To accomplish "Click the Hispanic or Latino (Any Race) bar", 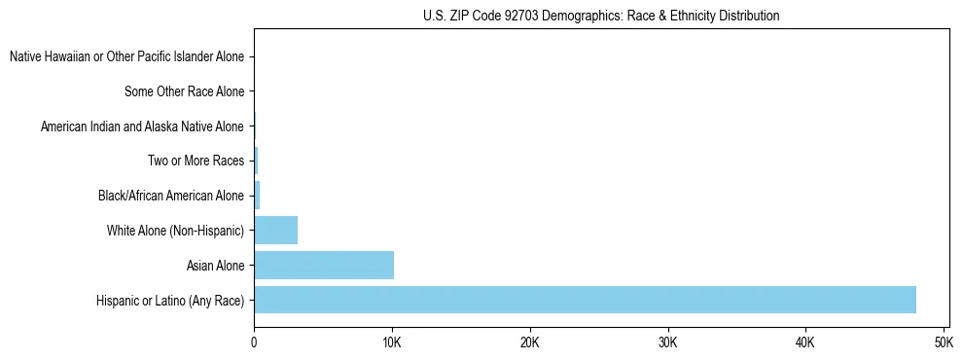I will pos(585,300).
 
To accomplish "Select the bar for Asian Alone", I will pos(324,265).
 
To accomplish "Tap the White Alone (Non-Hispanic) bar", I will pos(275,231).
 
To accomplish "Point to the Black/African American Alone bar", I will pos(257,196).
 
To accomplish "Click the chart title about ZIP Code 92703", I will pos(601,16).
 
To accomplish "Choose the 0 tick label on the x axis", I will pos(254,343).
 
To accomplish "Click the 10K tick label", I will pos(392,343).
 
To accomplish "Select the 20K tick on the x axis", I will pos(529,343).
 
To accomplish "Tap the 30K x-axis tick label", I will pos(667,343).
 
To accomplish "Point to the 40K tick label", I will pos(805,343).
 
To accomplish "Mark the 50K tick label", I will pos(943,343).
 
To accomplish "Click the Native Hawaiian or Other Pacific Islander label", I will pos(126,57).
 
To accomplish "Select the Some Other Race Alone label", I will pos(184,92).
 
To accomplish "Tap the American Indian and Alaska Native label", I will pos(142,126).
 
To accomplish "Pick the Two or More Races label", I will pos(196,162).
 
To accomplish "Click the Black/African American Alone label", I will pos(170,196).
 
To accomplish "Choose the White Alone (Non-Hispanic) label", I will pos(175,231).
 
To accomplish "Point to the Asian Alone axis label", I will pos(215,265).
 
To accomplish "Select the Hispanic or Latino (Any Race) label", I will pos(170,300).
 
